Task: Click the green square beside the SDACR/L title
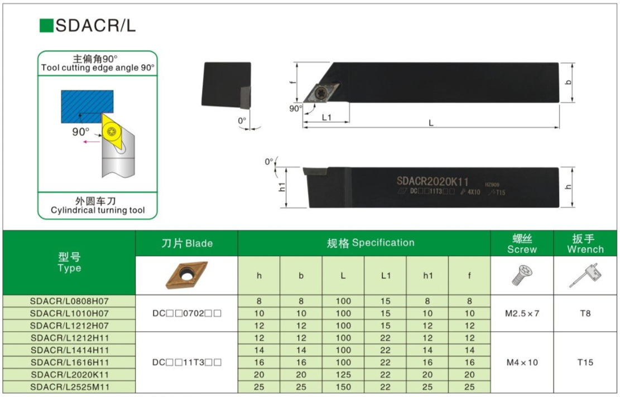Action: click(46, 26)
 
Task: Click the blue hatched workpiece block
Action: click(87, 106)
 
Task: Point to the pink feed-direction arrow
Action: click(92, 142)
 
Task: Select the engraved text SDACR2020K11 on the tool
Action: click(432, 181)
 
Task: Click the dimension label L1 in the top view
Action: click(326, 117)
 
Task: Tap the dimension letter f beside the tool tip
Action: click(292, 82)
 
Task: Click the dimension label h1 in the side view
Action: click(282, 187)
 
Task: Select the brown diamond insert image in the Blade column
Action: click(186, 275)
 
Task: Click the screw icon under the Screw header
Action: click(522, 275)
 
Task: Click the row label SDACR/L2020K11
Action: click(70, 375)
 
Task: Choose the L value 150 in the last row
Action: click(343, 387)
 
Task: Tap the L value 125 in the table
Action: click(343, 375)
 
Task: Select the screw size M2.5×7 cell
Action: click(522, 313)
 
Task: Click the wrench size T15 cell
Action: click(585, 362)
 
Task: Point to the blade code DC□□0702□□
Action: click(186, 313)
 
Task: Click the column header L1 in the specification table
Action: click(386, 275)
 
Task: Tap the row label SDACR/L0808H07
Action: click(69, 301)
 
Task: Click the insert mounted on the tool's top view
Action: click(321, 93)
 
